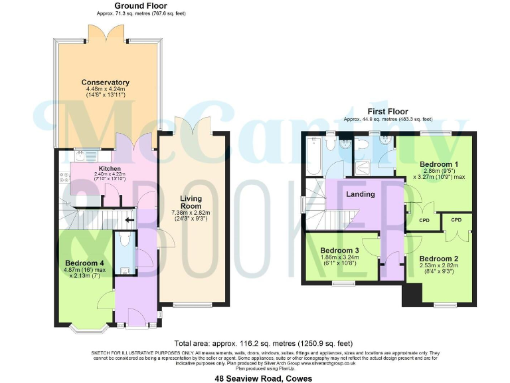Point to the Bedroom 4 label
pos(83,262)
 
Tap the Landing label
pos(361,194)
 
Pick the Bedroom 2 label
pos(438,258)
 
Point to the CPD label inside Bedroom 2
pos(456,219)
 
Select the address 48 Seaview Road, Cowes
pos(255,378)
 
